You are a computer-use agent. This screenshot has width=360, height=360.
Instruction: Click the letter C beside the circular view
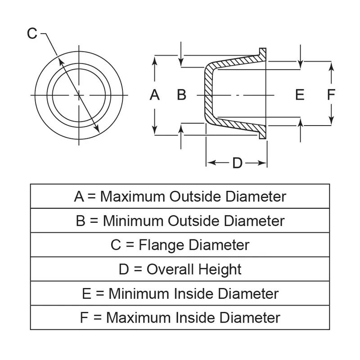(32, 33)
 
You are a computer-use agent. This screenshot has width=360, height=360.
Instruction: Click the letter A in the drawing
(154, 95)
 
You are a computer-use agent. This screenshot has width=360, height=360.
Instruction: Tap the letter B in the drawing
(181, 95)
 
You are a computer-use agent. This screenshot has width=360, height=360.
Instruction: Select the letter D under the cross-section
(237, 163)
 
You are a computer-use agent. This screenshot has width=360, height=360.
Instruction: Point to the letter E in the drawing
(300, 95)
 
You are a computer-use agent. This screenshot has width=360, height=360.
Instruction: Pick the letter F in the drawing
(331, 95)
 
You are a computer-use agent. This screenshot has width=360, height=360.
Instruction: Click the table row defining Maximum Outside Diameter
(180, 197)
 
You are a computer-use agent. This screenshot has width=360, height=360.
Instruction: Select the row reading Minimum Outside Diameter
(180, 221)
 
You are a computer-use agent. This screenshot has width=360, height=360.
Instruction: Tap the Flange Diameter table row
(180, 245)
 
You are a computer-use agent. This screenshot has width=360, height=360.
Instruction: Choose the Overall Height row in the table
(180, 270)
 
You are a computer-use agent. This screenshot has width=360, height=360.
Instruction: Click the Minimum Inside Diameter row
(180, 294)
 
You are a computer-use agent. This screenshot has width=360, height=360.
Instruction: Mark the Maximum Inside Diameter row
(180, 318)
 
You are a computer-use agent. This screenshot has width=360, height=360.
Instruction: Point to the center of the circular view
(79, 95)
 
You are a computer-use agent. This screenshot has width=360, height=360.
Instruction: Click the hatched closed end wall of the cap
(208, 95)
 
